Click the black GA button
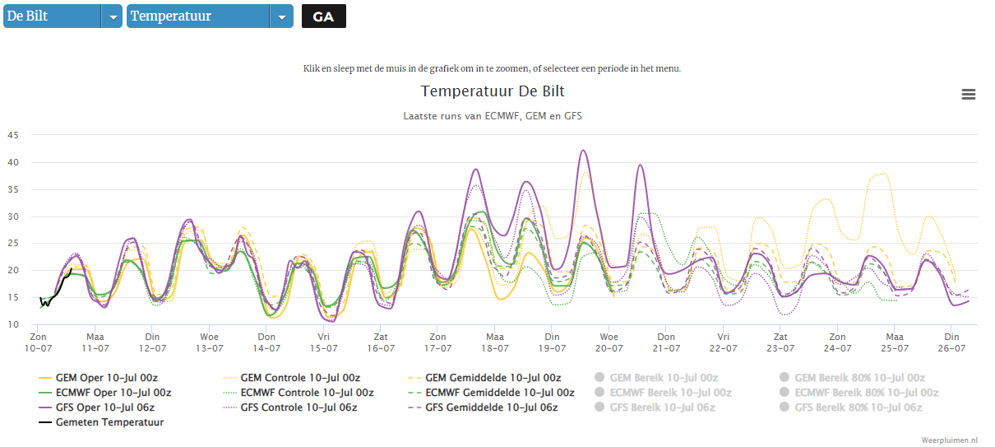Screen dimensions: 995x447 [323, 16]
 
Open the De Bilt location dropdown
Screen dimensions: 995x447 [62, 16]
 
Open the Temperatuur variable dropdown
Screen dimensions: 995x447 [210, 16]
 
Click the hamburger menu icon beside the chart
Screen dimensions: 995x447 [969, 95]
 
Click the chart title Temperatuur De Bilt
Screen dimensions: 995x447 [493, 91]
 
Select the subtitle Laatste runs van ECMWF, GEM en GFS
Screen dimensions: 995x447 [493, 116]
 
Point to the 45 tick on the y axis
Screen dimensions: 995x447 [13, 135]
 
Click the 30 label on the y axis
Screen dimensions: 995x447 [13, 217]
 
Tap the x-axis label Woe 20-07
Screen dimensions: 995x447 [609, 342]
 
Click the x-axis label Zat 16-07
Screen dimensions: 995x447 [381, 342]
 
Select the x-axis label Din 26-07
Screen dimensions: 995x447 [951, 342]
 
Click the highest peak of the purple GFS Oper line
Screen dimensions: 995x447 [583, 151]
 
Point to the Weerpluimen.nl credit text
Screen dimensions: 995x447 [949, 440]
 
